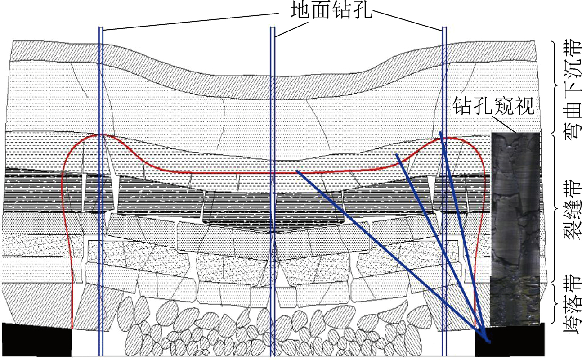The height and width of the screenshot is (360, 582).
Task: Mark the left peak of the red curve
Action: click(x=103, y=135)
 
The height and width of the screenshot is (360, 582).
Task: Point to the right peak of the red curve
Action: click(x=450, y=138)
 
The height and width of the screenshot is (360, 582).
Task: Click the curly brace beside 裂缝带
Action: click(x=556, y=207)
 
